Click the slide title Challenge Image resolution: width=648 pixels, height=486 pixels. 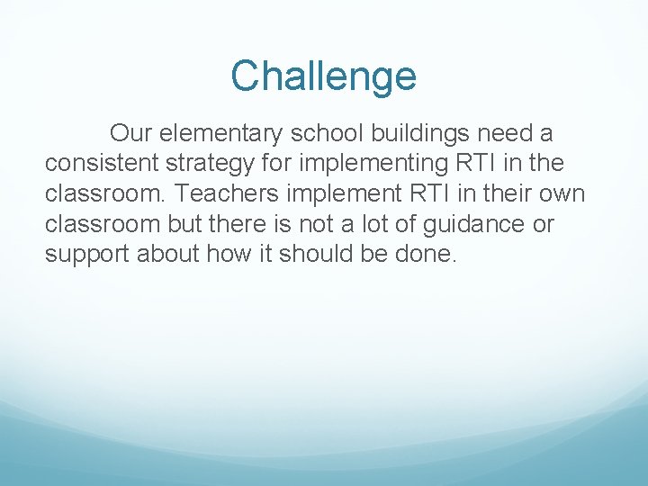[x=323, y=76]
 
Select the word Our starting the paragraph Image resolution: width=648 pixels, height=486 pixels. [x=130, y=134]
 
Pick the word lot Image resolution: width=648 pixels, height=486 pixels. [x=372, y=224]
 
